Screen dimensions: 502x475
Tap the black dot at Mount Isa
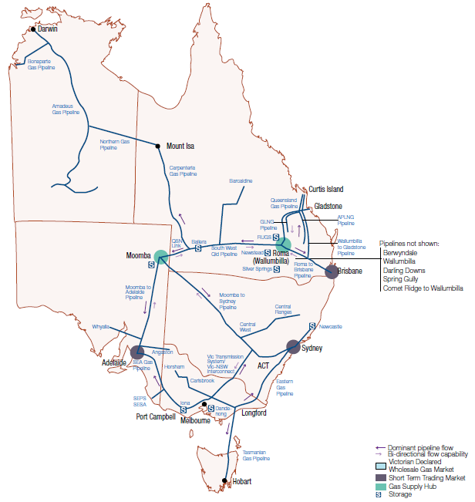158,145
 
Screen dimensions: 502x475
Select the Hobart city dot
224,481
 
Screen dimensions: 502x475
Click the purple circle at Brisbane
332,271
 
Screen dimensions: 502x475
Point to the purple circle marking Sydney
294,346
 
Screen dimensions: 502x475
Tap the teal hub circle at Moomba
160,256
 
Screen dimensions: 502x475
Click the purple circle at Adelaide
137,352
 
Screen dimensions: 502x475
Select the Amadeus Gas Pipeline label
66,109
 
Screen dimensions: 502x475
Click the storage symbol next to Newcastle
312,325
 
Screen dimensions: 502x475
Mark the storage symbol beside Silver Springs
276,269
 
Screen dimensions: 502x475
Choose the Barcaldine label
241,180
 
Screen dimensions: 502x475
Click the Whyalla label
101,326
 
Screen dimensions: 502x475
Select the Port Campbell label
157,417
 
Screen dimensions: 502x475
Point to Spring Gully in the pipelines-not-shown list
401,279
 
